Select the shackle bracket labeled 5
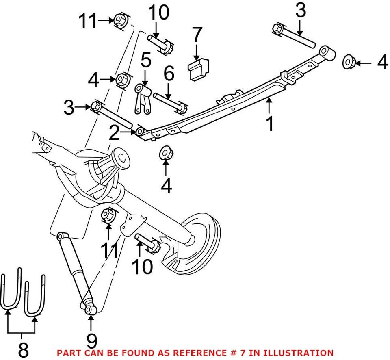(141, 100)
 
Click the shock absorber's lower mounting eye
(90, 310)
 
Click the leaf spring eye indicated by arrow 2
(140, 131)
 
